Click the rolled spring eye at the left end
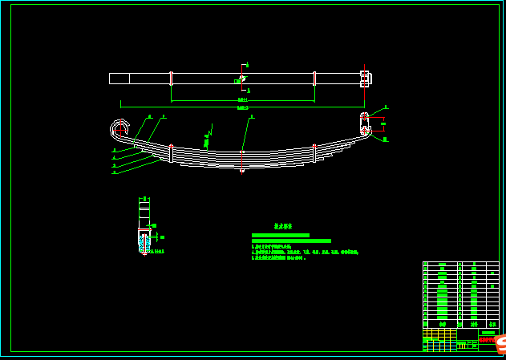(120, 127)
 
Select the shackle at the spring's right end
(365, 124)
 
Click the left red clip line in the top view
(171, 78)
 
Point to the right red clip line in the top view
(314, 78)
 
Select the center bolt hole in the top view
(240, 79)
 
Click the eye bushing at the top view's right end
(365, 78)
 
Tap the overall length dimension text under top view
(242, 107)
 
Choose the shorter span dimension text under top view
(242, 100)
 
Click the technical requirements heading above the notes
(283, 227)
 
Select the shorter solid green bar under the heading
(280, 235)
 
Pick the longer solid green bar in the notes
(291, 241)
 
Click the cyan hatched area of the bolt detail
(145, 241)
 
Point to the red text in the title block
(488, 339)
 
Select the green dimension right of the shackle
(384, 123)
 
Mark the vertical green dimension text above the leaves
(206, 142)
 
